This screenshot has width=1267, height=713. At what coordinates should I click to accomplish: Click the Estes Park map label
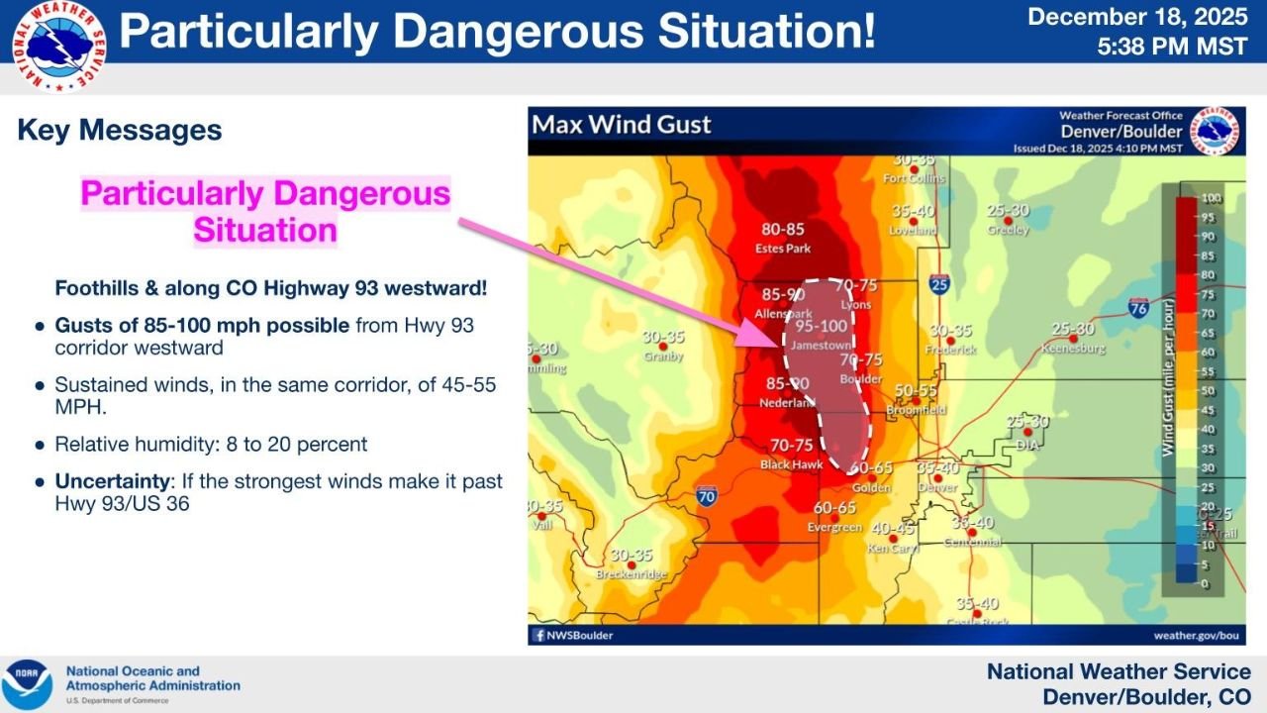[783, 248]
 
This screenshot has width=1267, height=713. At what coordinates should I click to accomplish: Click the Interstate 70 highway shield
[707, 494]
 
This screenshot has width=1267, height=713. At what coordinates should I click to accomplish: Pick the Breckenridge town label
[632, 574]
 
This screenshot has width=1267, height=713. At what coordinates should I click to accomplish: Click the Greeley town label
[1008, 230]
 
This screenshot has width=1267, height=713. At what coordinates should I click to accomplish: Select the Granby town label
[662, 356]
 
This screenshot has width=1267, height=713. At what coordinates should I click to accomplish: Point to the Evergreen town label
[834, 527]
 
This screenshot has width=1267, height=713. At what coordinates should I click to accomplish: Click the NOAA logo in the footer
[28, 683]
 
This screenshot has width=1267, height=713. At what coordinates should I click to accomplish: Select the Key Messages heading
[120, 130]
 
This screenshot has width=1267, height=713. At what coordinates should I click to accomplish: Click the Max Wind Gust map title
[623, 125]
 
